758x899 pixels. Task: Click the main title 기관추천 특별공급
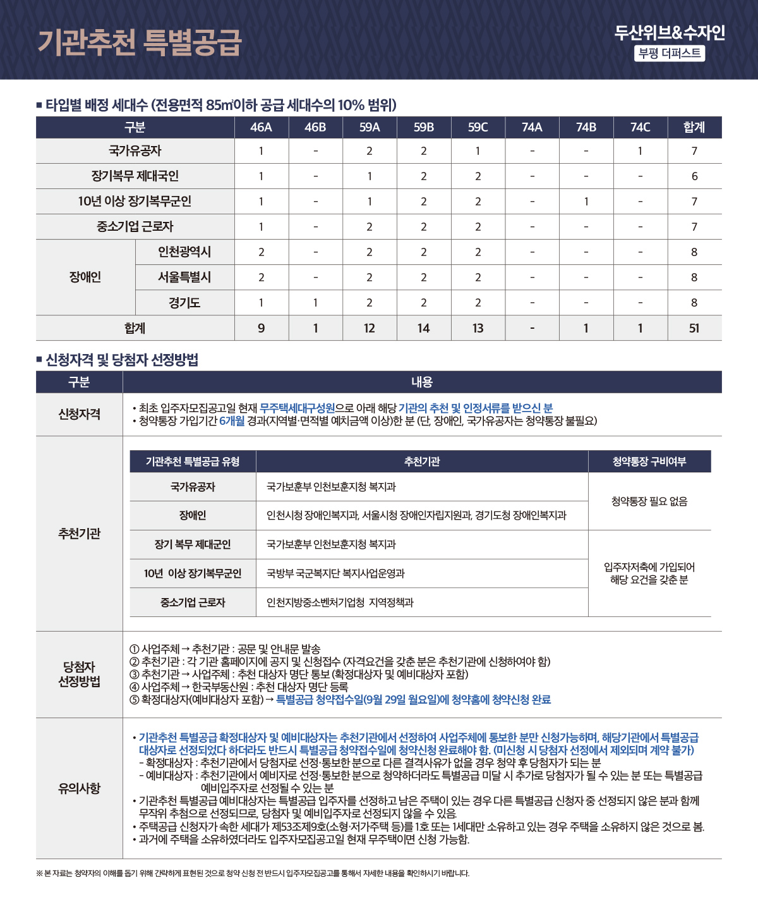[x=140, y=42]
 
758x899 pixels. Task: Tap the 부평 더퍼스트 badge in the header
[x=670, y=53]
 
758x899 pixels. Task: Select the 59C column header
[x=478, y=127]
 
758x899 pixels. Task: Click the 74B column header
[x=586, y=127]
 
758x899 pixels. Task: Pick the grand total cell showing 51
[x=694, y=328]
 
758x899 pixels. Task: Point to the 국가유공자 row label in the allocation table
[x=135, y=151]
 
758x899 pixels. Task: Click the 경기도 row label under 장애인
[x=184, y=303]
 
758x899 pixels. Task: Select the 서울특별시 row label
[x=184, y=278]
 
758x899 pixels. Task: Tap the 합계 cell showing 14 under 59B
[x=423, y=328]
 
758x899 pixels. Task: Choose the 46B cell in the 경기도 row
[x=315, y=303]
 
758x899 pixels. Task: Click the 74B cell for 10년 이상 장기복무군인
[x=586, y=202]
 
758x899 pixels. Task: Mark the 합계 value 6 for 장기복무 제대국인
[x=694, y=176]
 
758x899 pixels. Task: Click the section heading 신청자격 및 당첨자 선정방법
[x=122, y=360]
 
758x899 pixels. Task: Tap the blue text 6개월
[x=232, y=421]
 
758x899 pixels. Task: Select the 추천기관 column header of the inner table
[x=422, y=462]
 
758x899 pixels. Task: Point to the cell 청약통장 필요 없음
[x=649, y=501]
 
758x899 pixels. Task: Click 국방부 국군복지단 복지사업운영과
[x=335, y=573]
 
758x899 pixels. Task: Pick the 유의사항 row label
[x=79, y=788]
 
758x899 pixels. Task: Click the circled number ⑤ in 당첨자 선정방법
[x=134, y=700]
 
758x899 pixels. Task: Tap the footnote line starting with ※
[x=253, y=874]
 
